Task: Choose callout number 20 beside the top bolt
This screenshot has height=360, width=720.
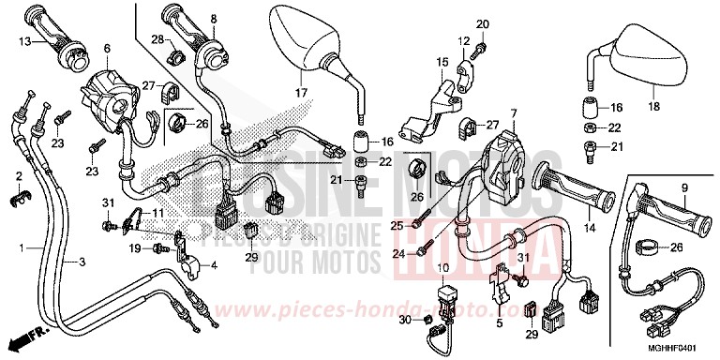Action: click(484, 23)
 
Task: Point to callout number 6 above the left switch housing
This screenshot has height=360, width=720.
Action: click(106, 48)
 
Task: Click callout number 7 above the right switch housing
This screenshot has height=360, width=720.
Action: click(514, 113)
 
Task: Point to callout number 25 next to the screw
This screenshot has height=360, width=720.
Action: click(397, 225)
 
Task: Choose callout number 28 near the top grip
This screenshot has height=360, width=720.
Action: click(157, 37)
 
